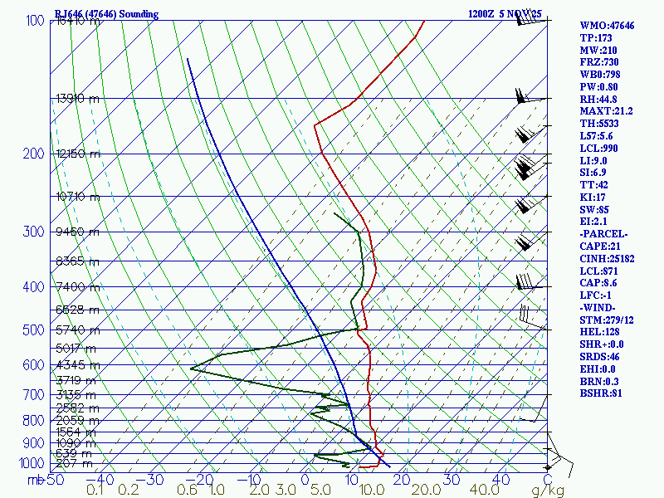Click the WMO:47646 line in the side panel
click(607, 26)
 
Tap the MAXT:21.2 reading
click(606, 110)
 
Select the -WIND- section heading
click(599, 307)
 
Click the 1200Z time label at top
click(482, 14)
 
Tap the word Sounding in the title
click(136, 14)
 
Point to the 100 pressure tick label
click(35, 20)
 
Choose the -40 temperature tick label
click(101, 479)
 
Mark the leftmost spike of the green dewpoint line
click(191, 368)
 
